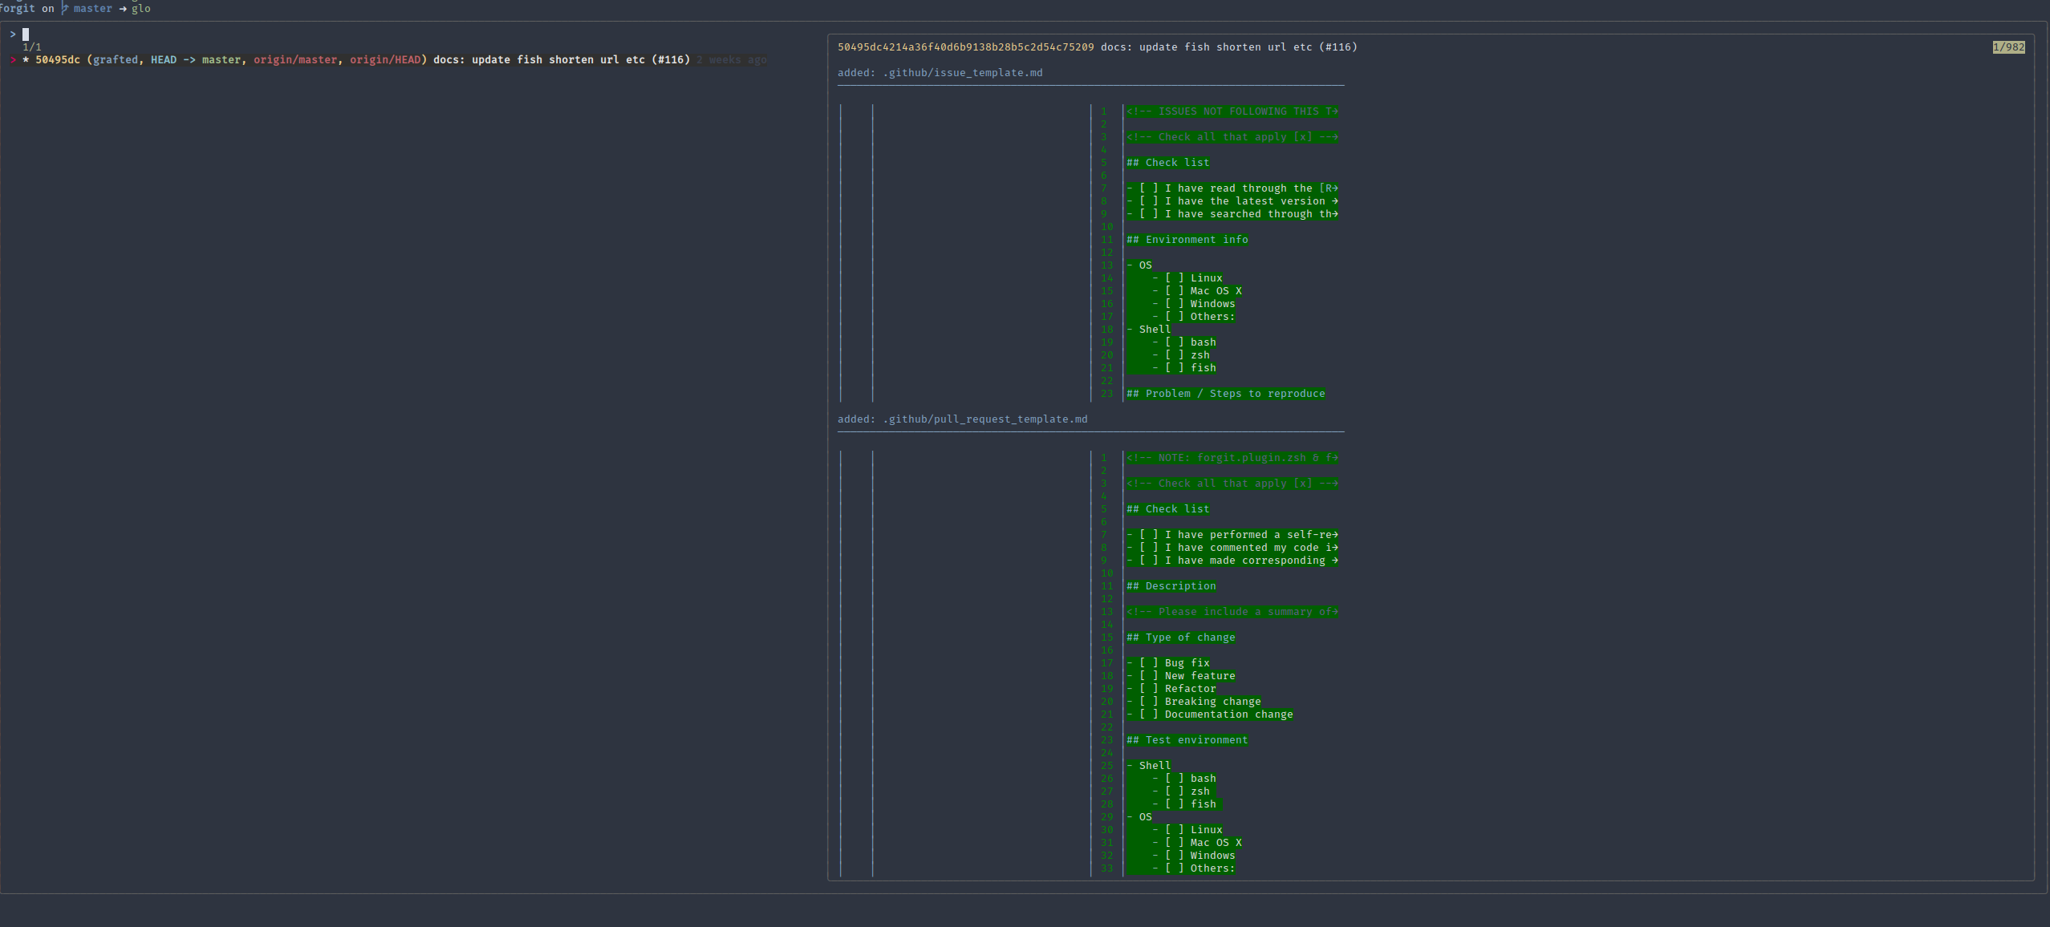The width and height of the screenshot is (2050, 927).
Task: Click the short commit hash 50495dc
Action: click(x=57, y=60)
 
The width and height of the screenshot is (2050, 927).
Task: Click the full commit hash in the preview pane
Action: click(x=965, y=47)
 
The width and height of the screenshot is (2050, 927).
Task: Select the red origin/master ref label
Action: click(x=295, y=60)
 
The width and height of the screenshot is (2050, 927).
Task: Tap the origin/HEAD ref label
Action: click(x=385, y=60)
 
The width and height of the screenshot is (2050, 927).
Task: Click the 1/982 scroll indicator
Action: click(x=2008, y=47)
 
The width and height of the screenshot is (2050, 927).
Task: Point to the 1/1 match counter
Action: click(x=32, y=47)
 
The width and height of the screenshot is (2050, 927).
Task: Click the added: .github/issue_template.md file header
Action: click(x=940, y=73)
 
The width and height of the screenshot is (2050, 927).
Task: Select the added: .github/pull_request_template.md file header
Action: click(x=962, y=419)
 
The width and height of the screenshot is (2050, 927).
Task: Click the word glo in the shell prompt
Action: click(x=141, y=9)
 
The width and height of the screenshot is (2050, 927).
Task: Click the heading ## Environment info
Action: click(x=1187, y=240)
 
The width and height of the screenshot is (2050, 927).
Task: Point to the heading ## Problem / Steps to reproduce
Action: click(x=1225, y=394)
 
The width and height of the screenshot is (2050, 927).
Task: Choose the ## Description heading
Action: click(x=1171, y=586)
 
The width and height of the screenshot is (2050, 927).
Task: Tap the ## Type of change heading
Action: click(x=1180, y=638)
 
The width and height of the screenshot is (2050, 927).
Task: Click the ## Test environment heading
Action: click(x=1187, y=740)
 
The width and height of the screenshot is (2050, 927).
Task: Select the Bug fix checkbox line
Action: click(x=1169, y=663)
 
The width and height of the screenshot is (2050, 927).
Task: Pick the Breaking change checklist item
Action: click(x=1195, y=702)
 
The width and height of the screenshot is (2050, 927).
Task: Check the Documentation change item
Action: click(x=1211, y=714)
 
